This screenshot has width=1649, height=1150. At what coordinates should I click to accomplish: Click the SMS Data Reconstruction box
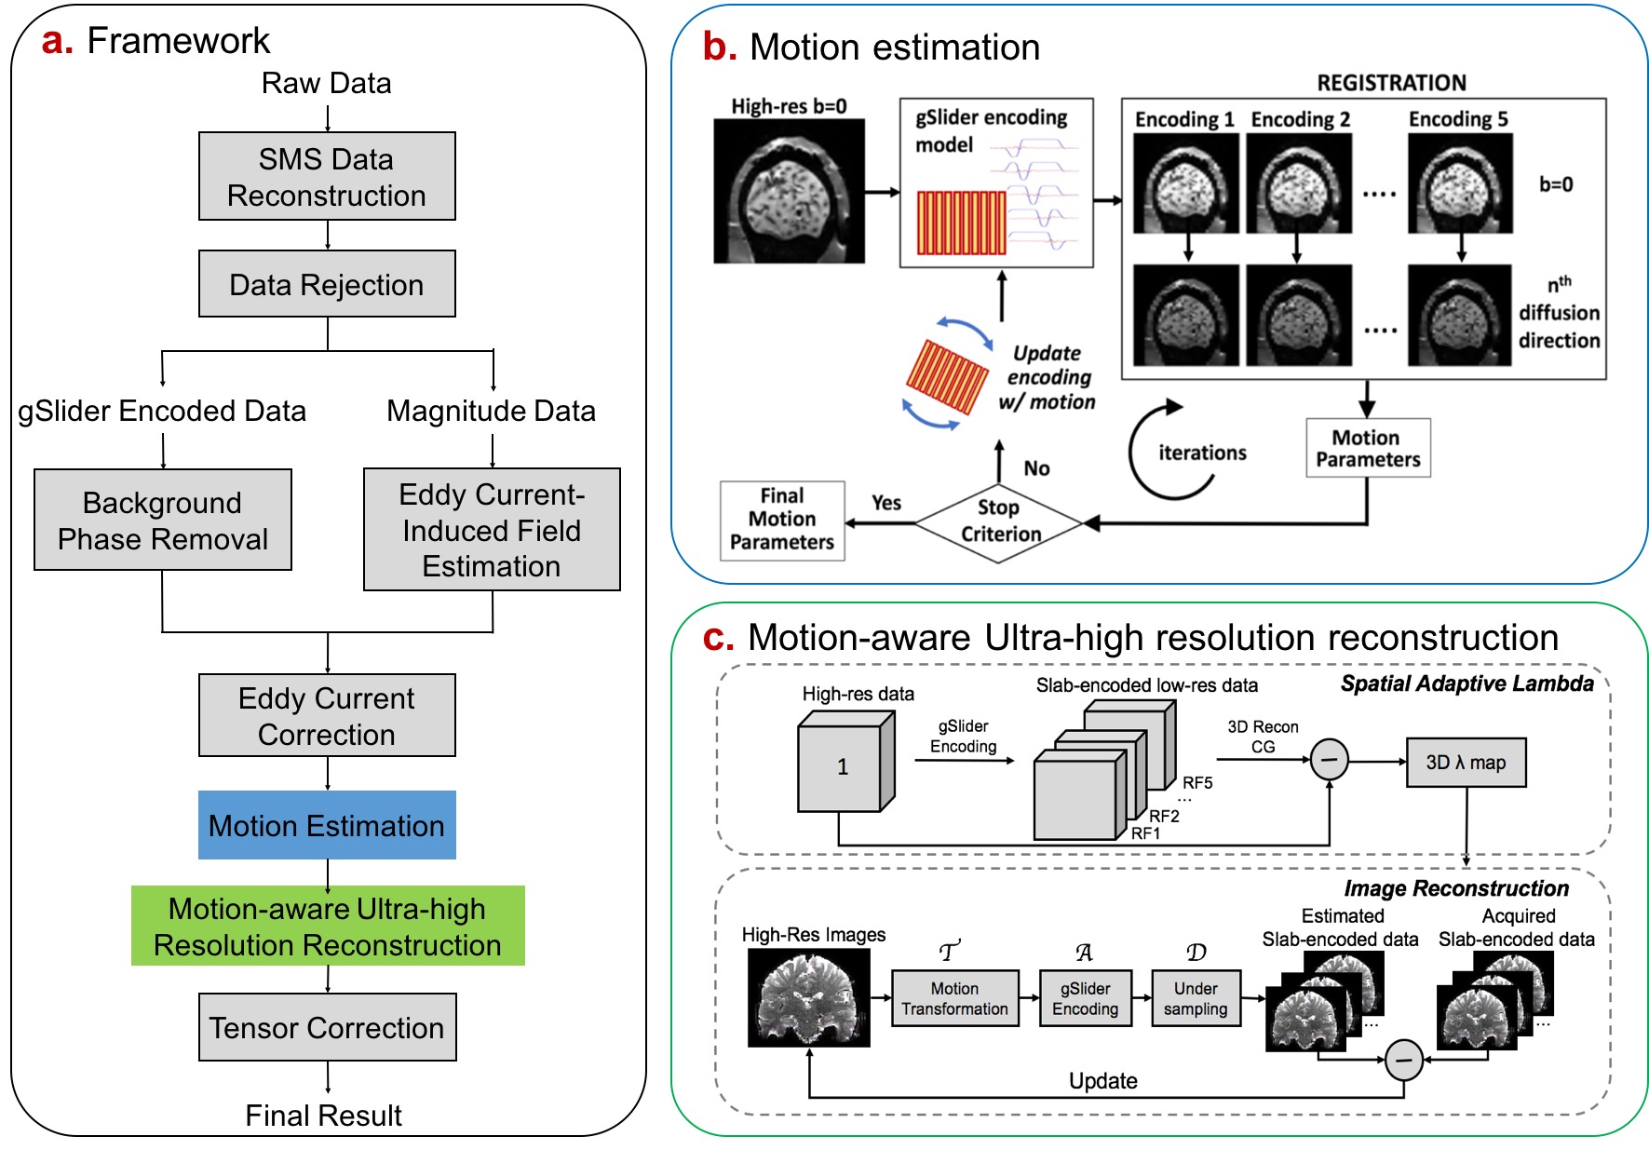click(x=327, y=176)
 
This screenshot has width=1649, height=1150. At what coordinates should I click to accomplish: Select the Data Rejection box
click(x=327, y=284)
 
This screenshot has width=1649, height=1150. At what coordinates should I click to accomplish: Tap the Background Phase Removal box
click(x=163, y=520)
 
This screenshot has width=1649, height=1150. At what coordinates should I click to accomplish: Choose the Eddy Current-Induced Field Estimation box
click(x=492, y=529)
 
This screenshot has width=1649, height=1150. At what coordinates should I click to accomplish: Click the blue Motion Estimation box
click(x=327, y=825)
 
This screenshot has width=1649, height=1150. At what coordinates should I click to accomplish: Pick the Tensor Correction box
click(x=327, y=1027)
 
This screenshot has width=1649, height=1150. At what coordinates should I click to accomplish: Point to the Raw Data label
click(x=327, y=83)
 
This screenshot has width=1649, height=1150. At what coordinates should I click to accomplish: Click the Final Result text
click(x=323, y=1115)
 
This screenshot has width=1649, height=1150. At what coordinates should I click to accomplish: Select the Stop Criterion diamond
click(x=999, y=522)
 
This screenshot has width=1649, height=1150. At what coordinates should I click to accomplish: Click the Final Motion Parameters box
click(x=782, y=520)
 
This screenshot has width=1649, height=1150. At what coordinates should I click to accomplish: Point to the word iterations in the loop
click(x=1202, y=453)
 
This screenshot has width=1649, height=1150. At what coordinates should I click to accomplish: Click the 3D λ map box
click(x=1466, y=763)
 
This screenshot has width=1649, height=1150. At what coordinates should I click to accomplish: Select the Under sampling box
click(x=1196, y=998)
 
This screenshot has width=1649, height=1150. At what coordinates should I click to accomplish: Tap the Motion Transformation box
click(x=954, y=998)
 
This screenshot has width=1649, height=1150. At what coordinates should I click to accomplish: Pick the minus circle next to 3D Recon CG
click(x=1329, y=760)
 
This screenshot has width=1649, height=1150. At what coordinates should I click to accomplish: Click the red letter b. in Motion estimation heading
click(x=719, y=47)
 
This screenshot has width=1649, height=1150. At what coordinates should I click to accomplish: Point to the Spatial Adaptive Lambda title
click(x=1467, y=683)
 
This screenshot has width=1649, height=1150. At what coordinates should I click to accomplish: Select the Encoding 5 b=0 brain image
click(x=1460, y=183)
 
